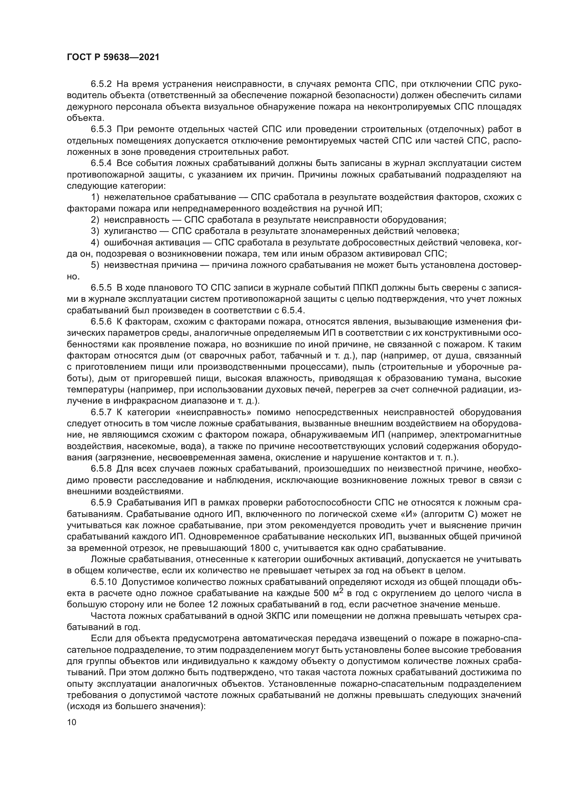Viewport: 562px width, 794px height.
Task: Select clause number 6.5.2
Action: (x=101, y=84)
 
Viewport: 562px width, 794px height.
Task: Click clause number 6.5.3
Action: (x=101, y=129)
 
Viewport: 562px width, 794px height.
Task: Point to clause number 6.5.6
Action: (x=101, y=321)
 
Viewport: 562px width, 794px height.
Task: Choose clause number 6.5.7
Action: (x=101, y=412)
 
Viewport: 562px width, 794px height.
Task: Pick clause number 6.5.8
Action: (x=101, y=468)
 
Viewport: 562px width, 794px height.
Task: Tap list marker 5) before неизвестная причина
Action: (x=95, y=265)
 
